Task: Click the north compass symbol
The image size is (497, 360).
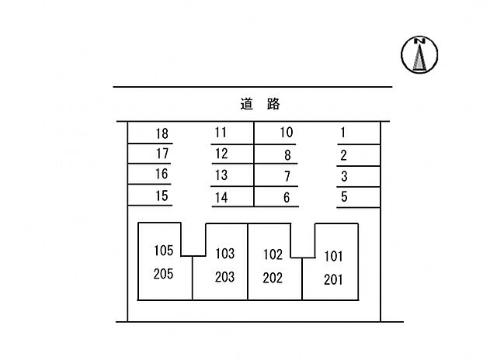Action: click(419, 54)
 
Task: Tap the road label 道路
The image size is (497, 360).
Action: click(260, 104)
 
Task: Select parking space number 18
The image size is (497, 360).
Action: click(162, 133)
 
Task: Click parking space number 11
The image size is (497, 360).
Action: click(221, 133)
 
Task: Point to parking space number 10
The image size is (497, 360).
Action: click(287, 133)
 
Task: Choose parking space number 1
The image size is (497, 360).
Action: click(342, 133)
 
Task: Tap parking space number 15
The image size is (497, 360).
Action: click(162, 196)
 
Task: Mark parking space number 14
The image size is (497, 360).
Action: click(221, 198)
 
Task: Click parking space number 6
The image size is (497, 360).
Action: click(287, 197)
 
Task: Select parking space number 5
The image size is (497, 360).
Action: click(344, 196)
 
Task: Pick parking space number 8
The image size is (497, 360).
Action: click(287, 155)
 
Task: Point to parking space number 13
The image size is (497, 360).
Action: click(221, 175)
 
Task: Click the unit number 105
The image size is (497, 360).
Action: click(164, 251)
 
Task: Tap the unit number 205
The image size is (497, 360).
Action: click(163, 274)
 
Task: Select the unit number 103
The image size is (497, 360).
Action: click(225, 253)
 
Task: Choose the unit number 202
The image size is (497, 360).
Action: click(273, 278)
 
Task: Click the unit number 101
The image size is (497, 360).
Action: click(333, 256)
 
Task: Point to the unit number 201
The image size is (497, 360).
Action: click(333, 279)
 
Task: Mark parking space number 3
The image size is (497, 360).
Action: click(344, 176)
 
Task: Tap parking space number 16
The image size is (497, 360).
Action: click(162, 174)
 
